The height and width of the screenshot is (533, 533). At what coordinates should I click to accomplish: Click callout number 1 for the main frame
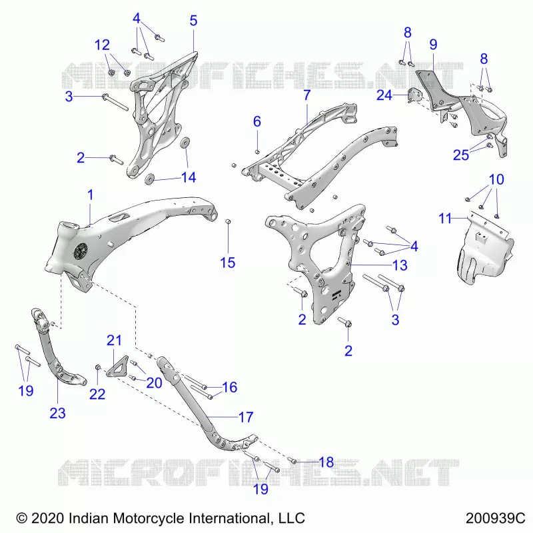[90, 195]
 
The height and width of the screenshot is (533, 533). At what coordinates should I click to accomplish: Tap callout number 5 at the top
[193, 21]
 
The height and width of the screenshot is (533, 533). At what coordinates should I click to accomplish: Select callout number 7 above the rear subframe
[307, 95]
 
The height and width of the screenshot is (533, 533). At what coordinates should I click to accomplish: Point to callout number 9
[433, 45]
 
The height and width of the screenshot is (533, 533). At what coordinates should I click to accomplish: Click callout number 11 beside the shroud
[445, 219]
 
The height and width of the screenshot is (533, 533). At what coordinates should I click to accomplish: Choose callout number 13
[400, 265]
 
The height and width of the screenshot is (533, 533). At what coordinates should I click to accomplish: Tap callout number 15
[227, 263]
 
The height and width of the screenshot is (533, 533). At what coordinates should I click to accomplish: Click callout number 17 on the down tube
[246, 417]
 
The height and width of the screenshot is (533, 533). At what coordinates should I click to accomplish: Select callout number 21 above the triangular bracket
[114, 340]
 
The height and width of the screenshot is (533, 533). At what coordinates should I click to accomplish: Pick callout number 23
[57, 413]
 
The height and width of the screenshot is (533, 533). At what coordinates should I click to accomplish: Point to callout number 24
[384, 95]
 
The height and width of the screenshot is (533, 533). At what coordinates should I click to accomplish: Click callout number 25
[461, 155]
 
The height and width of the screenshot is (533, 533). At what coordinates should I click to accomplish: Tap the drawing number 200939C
[495, 518]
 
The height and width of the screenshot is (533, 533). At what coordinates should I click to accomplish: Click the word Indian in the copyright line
[89, 518]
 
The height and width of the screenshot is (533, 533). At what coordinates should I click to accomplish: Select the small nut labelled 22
[97, 367]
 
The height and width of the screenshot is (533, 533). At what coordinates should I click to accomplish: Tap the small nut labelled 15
[229, 222]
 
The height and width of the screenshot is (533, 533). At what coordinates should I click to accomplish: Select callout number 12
[102, 45]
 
